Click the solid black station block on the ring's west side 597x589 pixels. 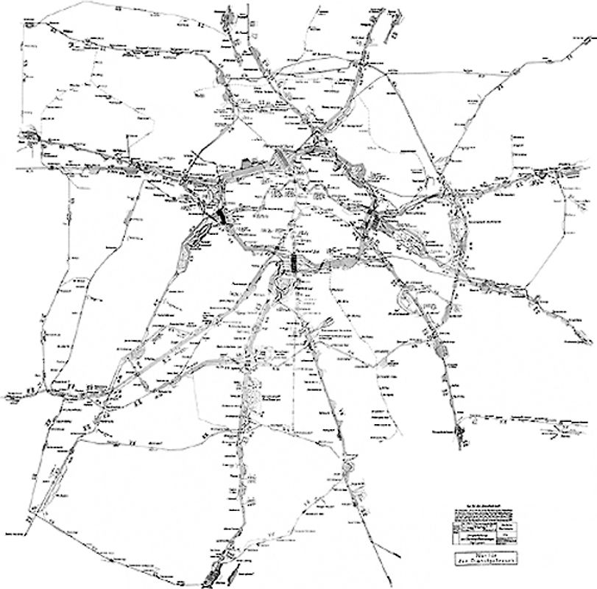[219, 215]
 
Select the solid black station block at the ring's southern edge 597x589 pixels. [294, 263]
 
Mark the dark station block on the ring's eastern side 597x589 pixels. [372, 219]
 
